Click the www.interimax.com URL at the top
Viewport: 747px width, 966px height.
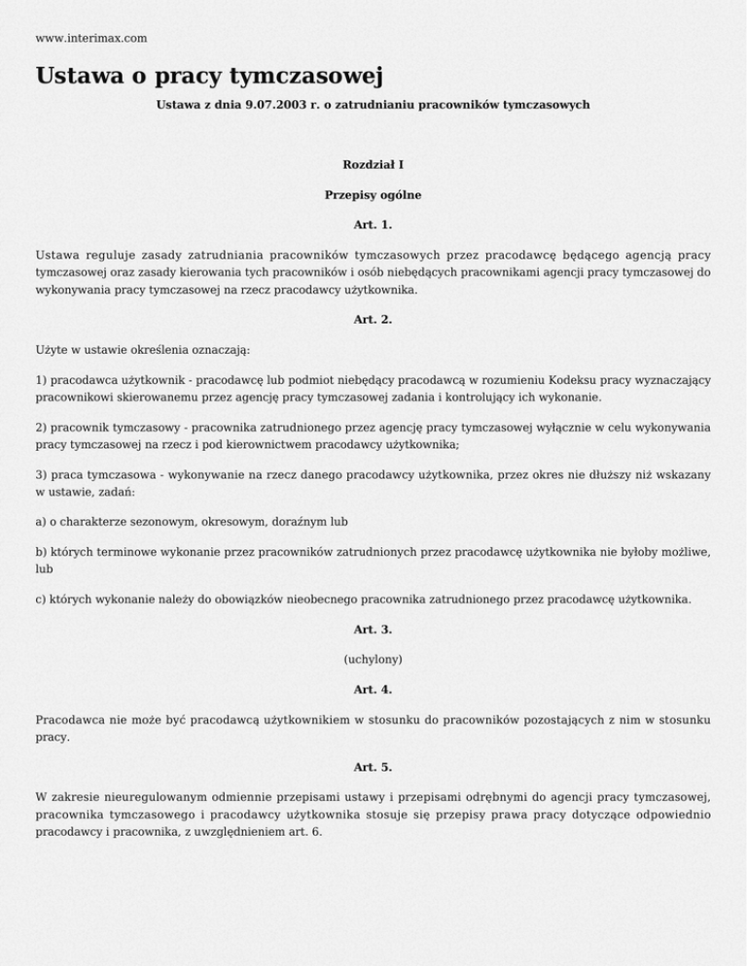point(90,38)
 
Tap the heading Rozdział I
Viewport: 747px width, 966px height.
point(373,165)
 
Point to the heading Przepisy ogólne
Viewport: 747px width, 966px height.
point(373,194)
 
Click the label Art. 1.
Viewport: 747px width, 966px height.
point(373,224)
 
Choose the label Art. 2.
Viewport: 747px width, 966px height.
point(373,319)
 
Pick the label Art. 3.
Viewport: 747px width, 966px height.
point(373,630)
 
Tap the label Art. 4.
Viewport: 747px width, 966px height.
point(373,689)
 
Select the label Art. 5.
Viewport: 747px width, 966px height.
point(373,767)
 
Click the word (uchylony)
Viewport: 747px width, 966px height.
point(373,659)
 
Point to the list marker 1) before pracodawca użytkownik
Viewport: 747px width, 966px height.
point(41,379)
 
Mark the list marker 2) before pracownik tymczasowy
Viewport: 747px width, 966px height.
point(41,428)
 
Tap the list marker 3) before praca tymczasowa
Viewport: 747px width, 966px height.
point(41,475)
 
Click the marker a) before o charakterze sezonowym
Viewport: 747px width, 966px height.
point(41,523)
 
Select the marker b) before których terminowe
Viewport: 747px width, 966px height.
point(41,552)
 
